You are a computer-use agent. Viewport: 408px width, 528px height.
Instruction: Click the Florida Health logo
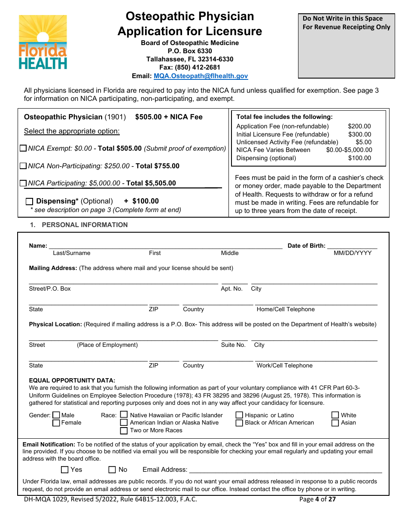43,42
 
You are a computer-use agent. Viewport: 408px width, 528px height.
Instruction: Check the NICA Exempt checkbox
23,149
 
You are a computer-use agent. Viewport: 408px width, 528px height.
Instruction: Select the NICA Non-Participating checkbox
23,166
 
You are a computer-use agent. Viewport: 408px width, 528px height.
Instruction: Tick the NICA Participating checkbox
23,183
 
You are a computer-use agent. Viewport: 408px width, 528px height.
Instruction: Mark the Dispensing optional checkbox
29,201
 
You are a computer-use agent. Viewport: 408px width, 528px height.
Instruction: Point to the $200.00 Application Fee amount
359,126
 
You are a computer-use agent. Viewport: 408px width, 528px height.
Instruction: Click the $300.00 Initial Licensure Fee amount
359,134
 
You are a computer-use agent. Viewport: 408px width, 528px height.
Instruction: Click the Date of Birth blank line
352,246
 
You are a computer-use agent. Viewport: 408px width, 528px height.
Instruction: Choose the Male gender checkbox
56,415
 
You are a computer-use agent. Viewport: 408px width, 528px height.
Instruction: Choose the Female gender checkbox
56,423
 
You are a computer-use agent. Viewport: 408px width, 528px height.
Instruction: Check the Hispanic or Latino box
239,415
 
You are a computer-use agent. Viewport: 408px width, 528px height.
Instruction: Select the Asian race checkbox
335,423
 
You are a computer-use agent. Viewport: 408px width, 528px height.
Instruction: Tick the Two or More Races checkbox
124,431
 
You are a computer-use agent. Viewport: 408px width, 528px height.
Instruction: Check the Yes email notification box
65,470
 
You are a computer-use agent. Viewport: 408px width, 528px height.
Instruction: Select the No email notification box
112,470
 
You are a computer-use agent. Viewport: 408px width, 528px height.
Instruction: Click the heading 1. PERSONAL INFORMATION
79,225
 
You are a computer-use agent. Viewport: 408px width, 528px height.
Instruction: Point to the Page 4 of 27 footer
317,499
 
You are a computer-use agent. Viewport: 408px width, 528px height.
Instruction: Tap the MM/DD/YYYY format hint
353,253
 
